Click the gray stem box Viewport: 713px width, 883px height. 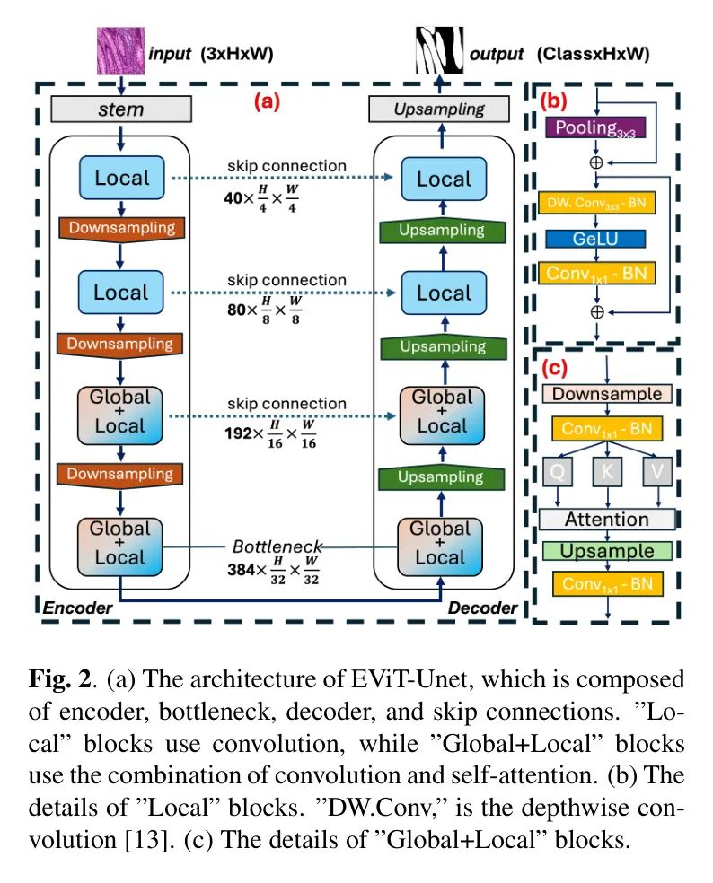[120, 109]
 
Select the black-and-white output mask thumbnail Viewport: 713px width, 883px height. [438, 51]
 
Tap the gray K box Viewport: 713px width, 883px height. [607, 469]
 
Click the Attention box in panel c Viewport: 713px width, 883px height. [606, 519]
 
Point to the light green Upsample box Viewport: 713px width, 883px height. [606, 550]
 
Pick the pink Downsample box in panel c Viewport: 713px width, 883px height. [606, 394]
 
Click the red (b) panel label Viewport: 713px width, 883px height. [554, 101]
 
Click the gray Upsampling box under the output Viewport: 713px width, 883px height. [439, 109]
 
